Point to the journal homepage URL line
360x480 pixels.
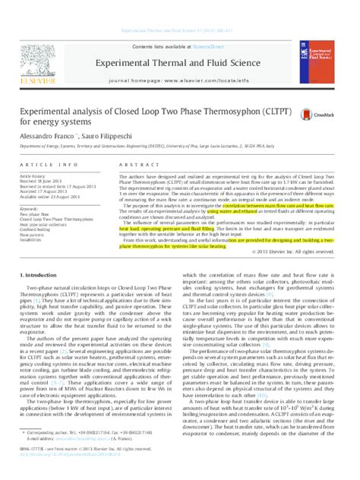tap(179, 58)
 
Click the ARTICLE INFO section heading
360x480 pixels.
tap(45, 165)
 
